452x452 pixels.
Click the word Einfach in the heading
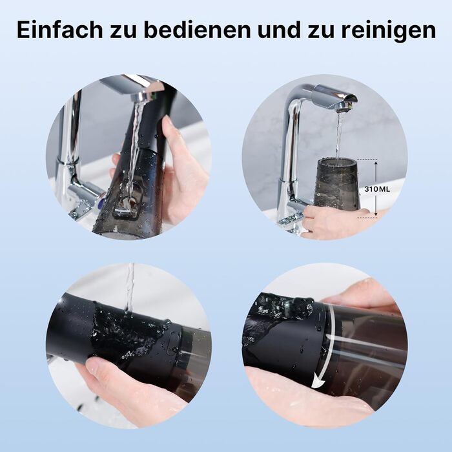tap(60, 30)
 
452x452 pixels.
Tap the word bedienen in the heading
tap(197, 30)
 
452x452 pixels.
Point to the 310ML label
tap(377, 189)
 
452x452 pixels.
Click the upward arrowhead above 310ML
tap(376, 164)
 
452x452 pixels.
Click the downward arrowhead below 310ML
tap(376, 213)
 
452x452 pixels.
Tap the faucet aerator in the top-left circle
tap(141, 97)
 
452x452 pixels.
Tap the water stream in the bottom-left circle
tap(130, 288)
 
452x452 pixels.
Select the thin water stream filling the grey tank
tap(338, 136)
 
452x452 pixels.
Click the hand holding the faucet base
tap(331, 222)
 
